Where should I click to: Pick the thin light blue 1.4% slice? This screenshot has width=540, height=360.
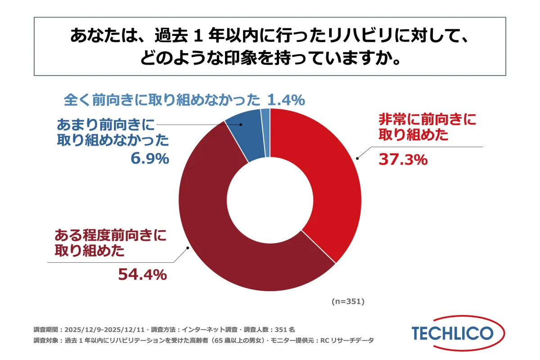click(265, 133)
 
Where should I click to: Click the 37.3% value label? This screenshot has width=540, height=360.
click(403, 159)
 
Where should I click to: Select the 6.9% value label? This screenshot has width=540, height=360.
click(150, 159)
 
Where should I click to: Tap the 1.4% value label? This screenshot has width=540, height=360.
click(286, 99)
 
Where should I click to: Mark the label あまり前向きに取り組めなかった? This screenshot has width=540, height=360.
click(112, 132)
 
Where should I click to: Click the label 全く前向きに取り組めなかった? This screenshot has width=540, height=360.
click(162, 99)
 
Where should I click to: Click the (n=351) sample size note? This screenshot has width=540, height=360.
click(348, 301)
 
